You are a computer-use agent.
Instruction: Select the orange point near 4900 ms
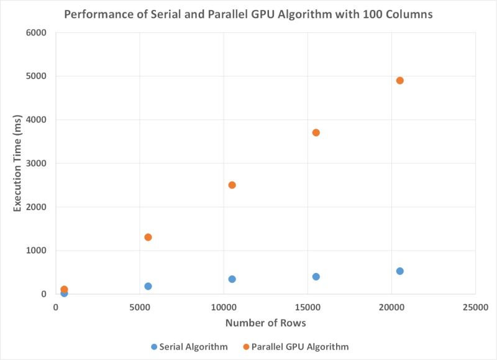(399, 80)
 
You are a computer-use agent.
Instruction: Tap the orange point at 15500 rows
(316, 132)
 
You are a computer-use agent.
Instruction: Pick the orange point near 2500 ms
(232, 185)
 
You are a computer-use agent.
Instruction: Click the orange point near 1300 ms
(148, 237)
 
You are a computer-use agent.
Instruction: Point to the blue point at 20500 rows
(399, 271)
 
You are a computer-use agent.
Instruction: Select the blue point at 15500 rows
(316, 277)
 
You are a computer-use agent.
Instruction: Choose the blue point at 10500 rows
(232, 279)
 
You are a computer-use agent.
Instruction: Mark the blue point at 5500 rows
(148, 286)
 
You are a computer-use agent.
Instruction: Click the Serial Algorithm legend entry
(189, 346)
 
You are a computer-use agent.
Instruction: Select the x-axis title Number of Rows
(265, 323)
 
